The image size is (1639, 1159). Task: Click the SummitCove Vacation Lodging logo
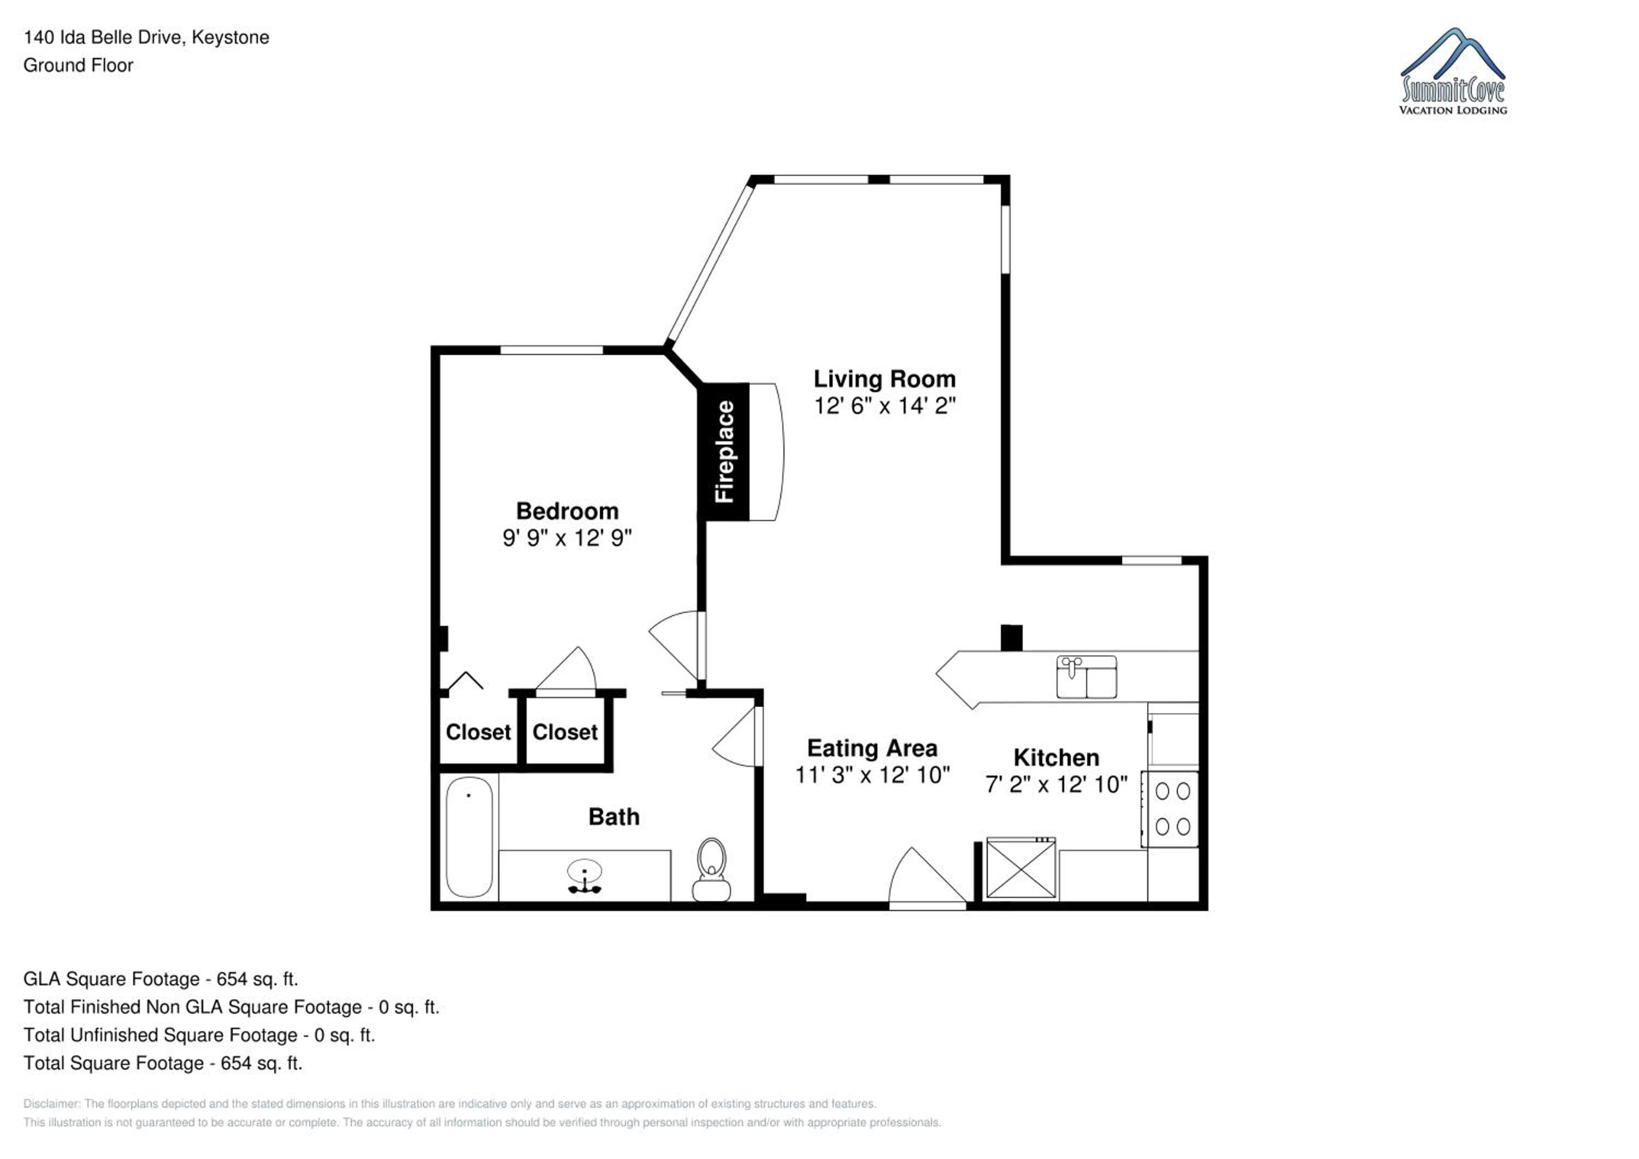coord(1453,72)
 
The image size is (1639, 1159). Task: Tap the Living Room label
coord(885,379)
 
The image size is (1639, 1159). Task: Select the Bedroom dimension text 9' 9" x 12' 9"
coord(568,537)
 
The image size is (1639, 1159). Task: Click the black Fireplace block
coord(724,452)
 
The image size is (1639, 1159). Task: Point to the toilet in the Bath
coord(711,870)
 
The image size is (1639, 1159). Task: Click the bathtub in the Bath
coord(470,837)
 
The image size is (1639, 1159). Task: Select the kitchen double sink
coord(1087,677)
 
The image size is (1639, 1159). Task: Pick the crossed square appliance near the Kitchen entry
coord(1021,868)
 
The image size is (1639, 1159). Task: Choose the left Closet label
coord(478,732)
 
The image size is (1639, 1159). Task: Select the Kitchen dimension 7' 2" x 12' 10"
coord(1057,784)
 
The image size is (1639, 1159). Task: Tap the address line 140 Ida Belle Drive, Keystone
coord(146,37)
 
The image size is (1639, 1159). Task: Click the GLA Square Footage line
coord(161,979)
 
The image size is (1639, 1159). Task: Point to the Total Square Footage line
coord(163,1063)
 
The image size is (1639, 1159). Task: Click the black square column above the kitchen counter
coord(1011,637)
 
